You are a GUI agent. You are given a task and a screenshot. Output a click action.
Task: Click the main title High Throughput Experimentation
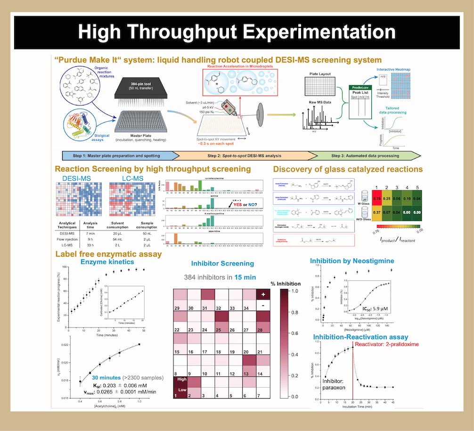pyautogui.click(x=237, y=32)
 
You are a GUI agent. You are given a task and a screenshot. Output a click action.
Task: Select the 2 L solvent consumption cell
pyautogui.click(x=116, y=245)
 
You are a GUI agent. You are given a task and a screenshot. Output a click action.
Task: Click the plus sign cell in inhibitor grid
pyautogui.click(x=263, y=293)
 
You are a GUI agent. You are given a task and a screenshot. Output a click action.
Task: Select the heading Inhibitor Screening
pyautogui.click(x=223, y=263)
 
